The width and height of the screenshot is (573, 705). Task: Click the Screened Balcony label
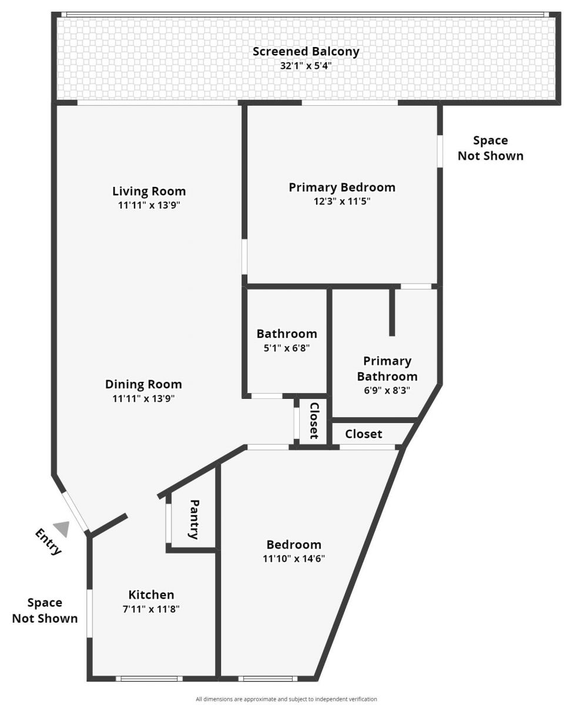click(306, 51)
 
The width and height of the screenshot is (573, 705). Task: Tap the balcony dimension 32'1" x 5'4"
click(306, 65)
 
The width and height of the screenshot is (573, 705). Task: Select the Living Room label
click(149, 191)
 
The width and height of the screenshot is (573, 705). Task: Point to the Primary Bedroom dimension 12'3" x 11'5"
click(341, 202)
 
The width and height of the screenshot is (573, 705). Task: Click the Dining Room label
click(143, 384)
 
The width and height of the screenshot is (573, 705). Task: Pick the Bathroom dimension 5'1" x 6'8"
click(286, 347)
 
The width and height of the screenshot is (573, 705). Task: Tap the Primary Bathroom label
click(387, 368)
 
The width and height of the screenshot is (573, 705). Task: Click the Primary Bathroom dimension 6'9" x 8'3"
click(387, 390)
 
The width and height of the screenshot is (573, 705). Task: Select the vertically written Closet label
click(314, 420)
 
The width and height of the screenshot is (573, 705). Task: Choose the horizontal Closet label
click(363, 434)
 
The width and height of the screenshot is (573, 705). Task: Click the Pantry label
click(195, 519)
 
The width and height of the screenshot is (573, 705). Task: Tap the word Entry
click(48, 542)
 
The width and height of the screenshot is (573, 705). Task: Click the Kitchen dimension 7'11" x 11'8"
click(151, 609)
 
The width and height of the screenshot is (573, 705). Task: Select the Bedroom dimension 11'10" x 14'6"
click(294, 558)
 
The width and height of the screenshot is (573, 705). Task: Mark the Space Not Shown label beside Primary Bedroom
click(490, 148)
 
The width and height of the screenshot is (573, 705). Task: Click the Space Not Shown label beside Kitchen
click(45, 610)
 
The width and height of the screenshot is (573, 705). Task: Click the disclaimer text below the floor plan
click(286, 699)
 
